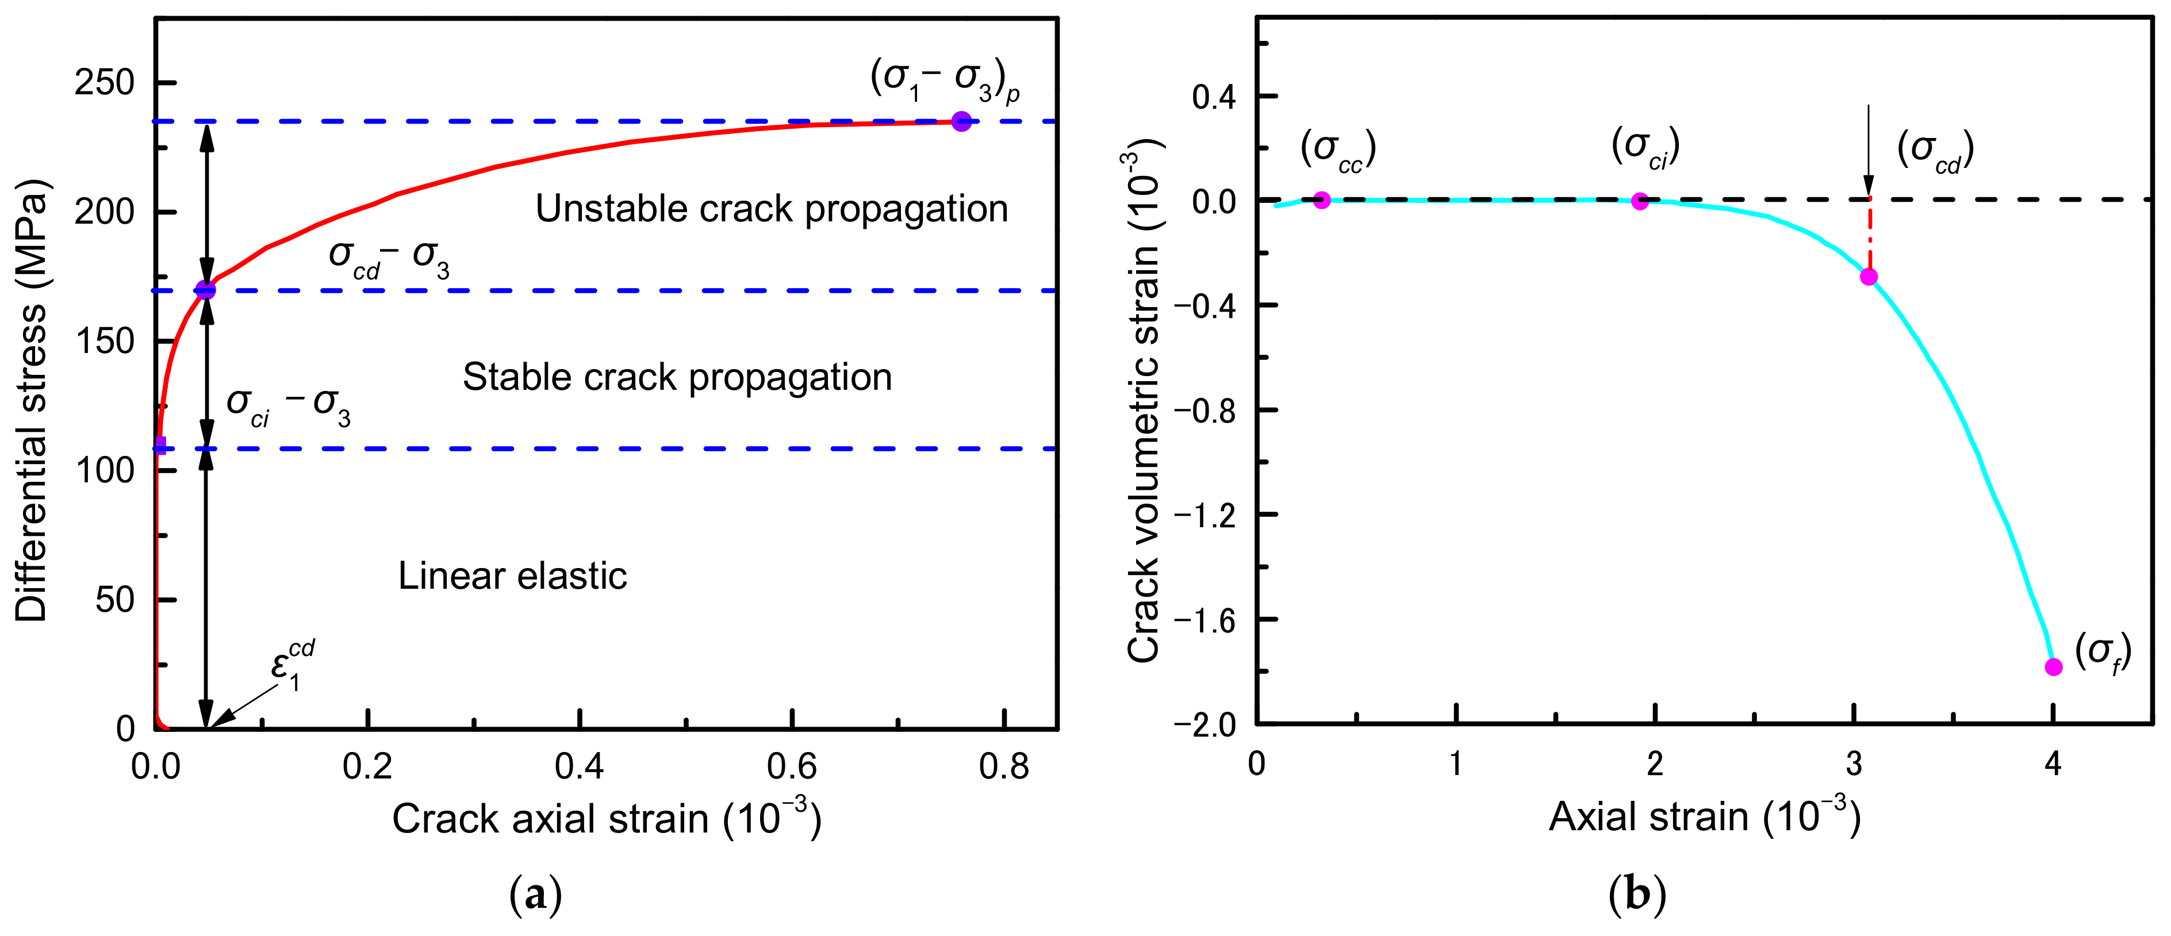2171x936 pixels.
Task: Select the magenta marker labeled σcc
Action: point(1321,201)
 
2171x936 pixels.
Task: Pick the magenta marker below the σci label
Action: point(1639,201)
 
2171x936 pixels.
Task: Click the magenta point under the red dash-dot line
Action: point(1869,277)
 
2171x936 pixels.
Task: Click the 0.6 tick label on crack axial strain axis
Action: point(792,766)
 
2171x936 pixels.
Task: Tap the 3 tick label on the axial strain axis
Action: point(1854,764)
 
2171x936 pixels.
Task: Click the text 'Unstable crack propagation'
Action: point(771,209)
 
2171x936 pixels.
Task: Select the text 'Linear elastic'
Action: point(512,576)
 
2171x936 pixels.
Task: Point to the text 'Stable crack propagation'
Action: point(677,377)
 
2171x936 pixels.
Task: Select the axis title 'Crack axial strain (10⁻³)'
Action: point(606,818)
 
